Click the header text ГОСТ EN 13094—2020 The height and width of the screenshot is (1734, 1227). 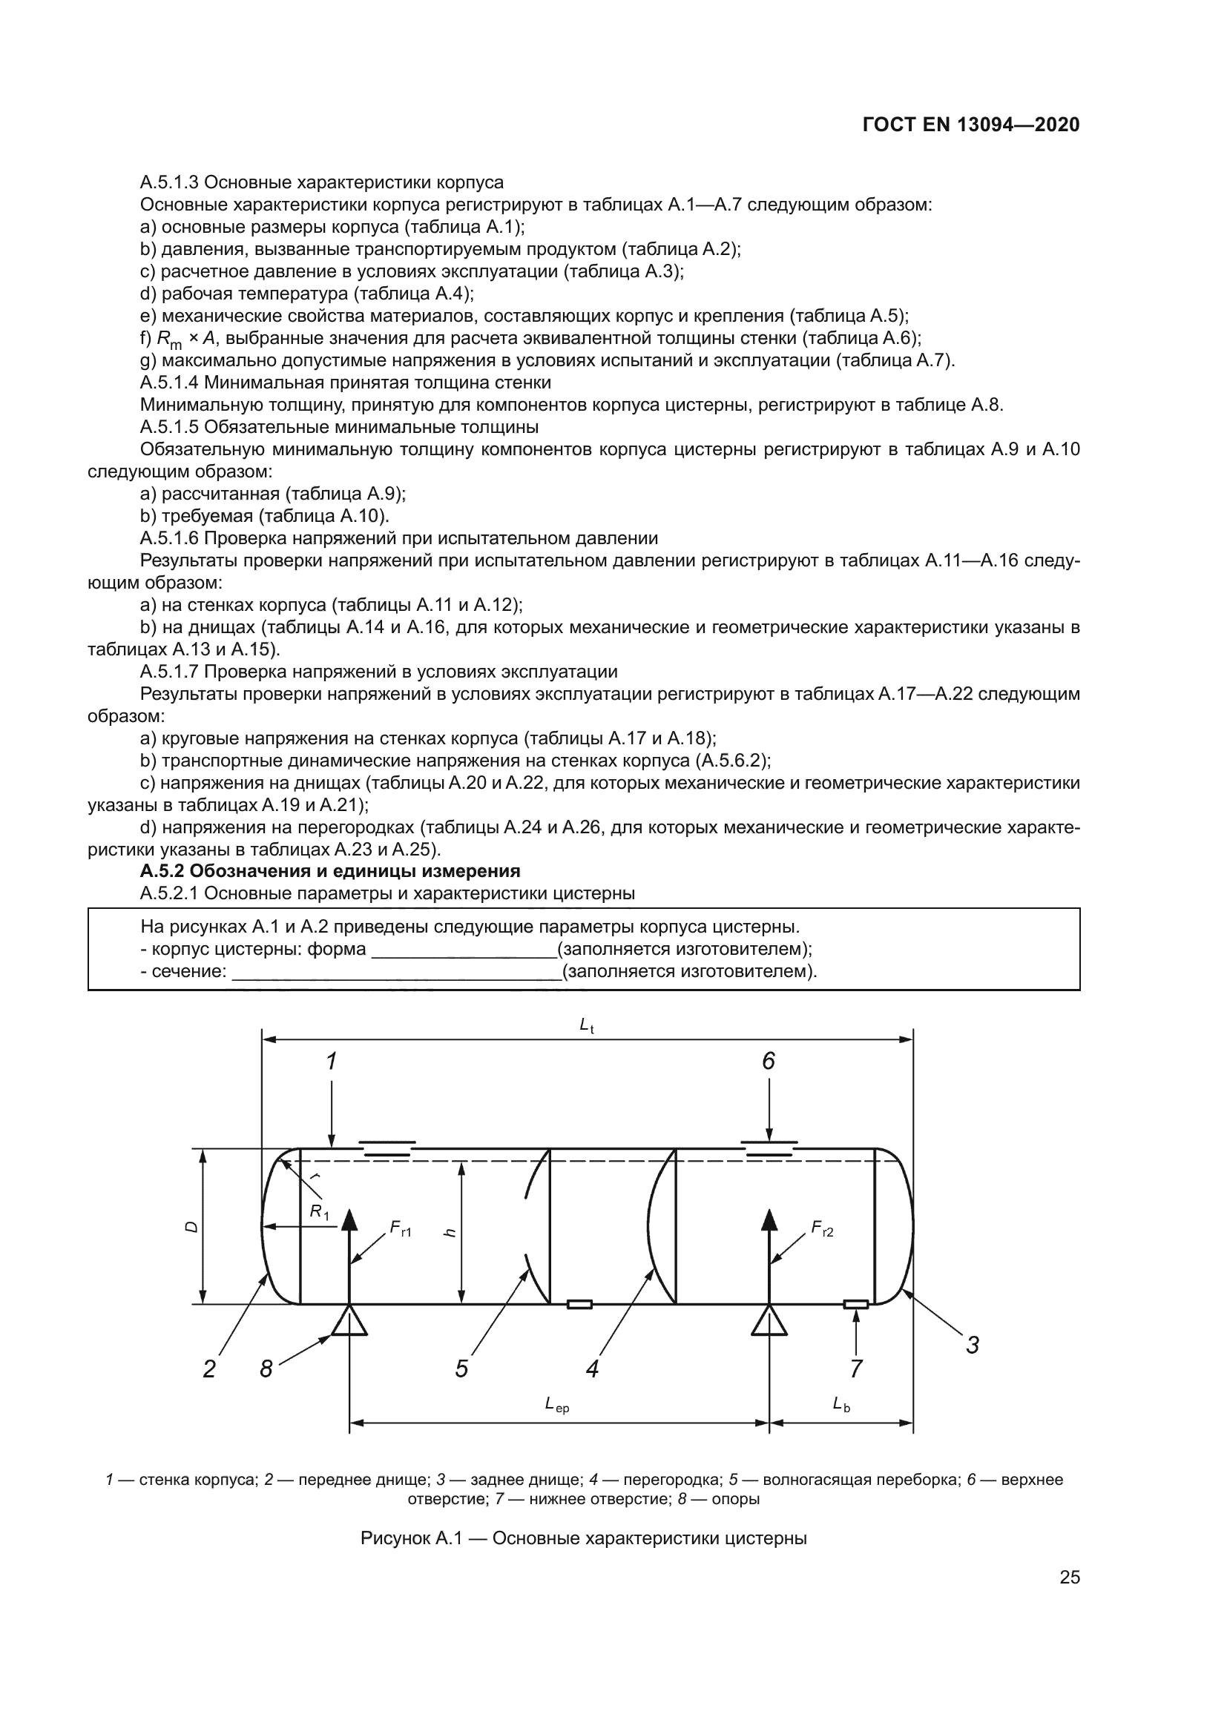[970, 125]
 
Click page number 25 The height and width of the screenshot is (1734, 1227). [1069, 1577]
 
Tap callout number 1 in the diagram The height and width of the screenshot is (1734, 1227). [331, 1062]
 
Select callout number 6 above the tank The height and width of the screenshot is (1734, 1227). [769, 1062]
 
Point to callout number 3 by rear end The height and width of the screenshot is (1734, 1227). [973, 1345]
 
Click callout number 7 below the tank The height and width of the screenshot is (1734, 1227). [856, 1369]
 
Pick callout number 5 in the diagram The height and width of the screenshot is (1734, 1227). [461, 1369]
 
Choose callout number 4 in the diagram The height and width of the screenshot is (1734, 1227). [592, 1369]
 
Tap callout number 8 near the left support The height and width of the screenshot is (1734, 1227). [266, 1369]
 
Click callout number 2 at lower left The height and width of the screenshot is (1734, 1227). [209, 1369]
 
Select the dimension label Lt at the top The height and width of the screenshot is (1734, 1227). [586, 1025]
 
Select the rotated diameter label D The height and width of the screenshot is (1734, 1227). [192, 1228]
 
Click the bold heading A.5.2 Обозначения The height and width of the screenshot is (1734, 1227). [330, 871]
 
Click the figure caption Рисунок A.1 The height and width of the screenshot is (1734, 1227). [583, 1538]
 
